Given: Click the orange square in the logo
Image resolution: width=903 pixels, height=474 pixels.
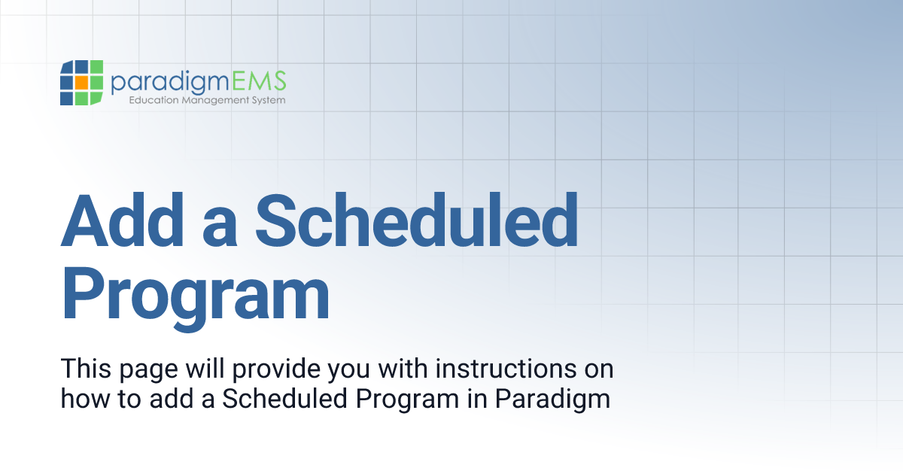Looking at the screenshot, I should coord(81,83).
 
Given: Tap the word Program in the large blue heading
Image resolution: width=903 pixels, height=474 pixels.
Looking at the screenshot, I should coord(196,296).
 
